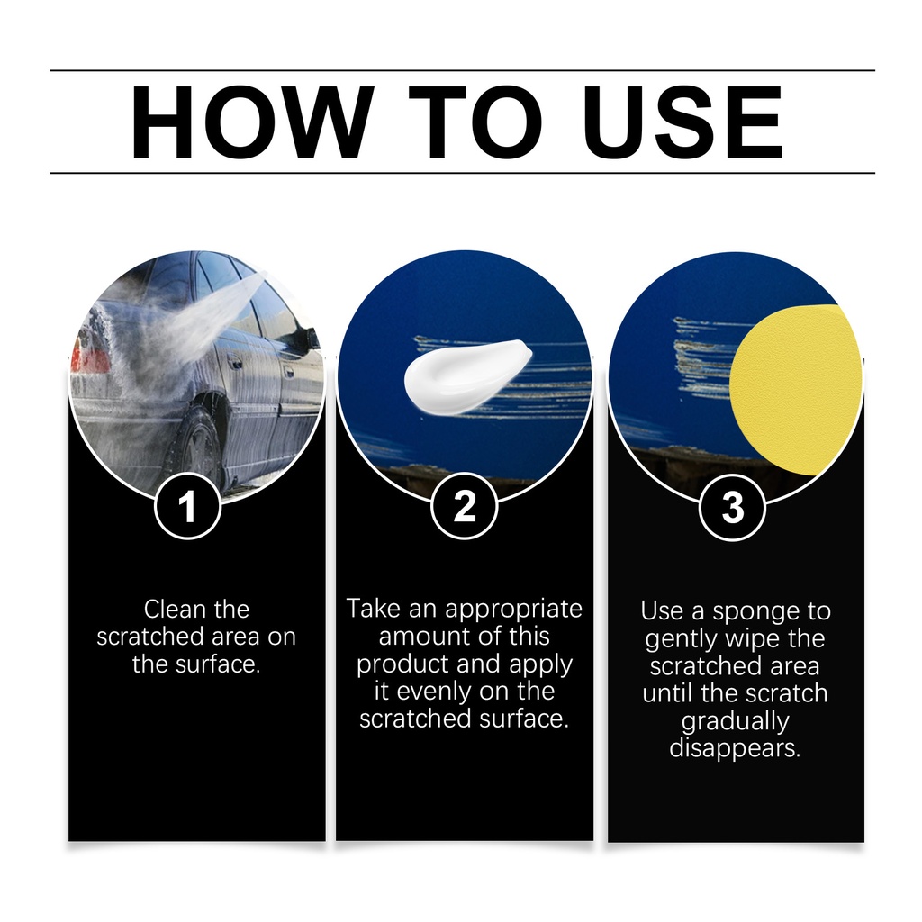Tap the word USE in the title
682,122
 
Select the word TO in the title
475,122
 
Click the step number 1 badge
187,506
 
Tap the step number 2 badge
464,506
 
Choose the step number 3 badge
733,507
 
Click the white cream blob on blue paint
467,377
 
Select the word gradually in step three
735,722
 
